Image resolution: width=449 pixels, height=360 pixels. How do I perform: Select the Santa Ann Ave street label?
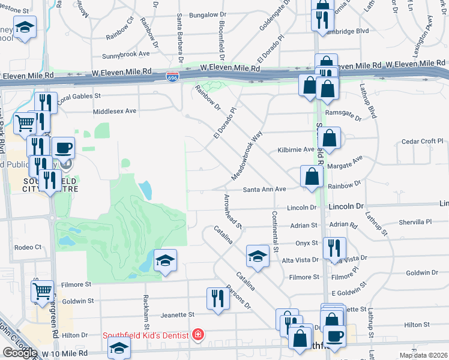pos(264,189)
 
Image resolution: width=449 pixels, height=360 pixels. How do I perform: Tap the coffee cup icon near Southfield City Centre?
pos(63,147)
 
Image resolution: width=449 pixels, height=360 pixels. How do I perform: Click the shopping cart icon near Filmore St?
pos(42,291)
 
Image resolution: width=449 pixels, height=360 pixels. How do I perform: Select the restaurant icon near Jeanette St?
pos(217,298)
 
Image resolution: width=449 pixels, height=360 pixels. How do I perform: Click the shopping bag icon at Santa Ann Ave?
pos(312,176)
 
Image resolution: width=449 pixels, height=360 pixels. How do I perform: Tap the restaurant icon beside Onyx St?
pos(334,247)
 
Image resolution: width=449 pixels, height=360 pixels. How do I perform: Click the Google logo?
pos(20,352)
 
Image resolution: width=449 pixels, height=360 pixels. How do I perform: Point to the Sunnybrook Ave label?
pos(126,53)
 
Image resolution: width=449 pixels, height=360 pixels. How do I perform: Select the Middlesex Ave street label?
pos(115,111)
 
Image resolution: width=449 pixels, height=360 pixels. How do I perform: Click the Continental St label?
pos(276,231)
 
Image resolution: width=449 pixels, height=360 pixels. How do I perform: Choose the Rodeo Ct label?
pos(28,247)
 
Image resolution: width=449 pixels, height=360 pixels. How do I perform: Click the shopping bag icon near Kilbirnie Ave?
pos(330,137)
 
